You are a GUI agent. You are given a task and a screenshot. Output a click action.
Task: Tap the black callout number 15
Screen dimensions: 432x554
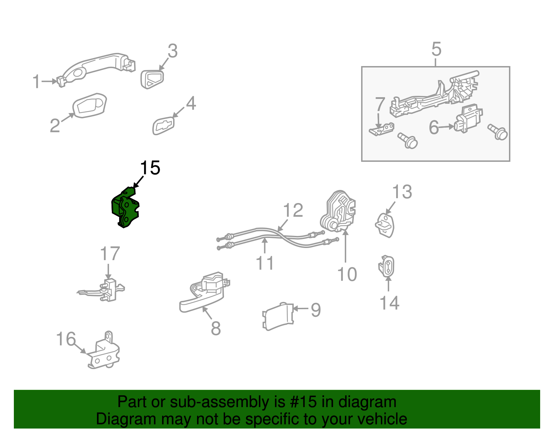(150, 168)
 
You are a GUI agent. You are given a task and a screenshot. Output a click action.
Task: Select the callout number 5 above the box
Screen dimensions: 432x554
(436, 49)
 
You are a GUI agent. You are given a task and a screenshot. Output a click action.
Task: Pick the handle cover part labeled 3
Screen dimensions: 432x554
(152, 79)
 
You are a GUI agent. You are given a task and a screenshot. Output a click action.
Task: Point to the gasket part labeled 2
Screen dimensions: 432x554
(89, 105)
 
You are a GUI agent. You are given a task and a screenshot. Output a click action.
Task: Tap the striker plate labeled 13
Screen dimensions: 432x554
(385, 225)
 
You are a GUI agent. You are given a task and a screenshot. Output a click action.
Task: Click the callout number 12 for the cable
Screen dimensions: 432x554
(293, 210)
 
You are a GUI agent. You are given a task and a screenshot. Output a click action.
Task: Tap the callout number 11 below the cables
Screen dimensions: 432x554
(265, 263)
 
